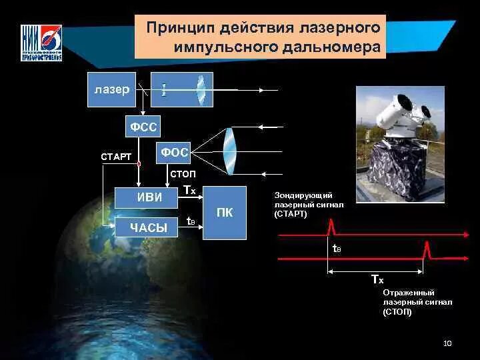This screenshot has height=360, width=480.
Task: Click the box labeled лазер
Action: coord(111,90)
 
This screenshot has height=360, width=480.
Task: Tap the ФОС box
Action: coord(173,153)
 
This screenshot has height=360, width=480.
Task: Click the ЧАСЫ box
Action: coord(147,227)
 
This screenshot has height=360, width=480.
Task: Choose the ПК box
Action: coord(224,213)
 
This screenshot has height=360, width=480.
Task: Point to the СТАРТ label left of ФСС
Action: coord(115,157)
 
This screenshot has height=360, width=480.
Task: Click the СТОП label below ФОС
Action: coord(183,173)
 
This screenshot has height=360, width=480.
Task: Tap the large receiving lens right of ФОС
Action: coord(230,152)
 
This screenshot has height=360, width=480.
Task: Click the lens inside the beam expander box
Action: coord(201,90)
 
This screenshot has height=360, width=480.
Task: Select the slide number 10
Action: coord(447,343)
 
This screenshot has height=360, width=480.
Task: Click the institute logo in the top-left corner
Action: coord(41,43)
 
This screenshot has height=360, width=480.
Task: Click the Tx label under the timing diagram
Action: coord(377,279)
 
